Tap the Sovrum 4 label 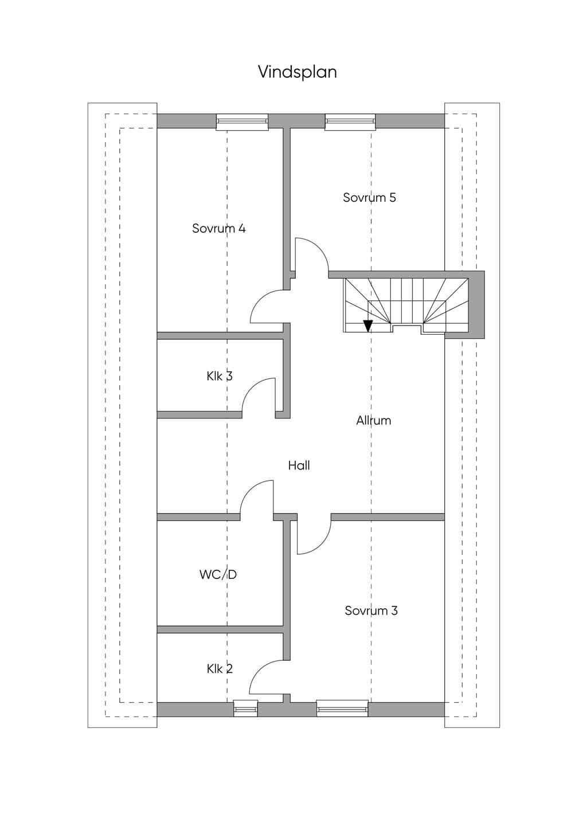coord(218,228)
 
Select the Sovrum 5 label coord(370,198)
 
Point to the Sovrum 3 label coord(371,610)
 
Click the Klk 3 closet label coord(220,376)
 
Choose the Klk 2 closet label coord(220,669)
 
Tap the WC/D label coord(218,574)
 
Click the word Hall coord(299,465)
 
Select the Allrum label coord(374,421)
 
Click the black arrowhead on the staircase coord(367,326)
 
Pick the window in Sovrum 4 coord(242,122)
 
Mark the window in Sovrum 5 coord(350,122)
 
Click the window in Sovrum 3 coord(342,709)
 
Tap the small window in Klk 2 coord(245,709)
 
